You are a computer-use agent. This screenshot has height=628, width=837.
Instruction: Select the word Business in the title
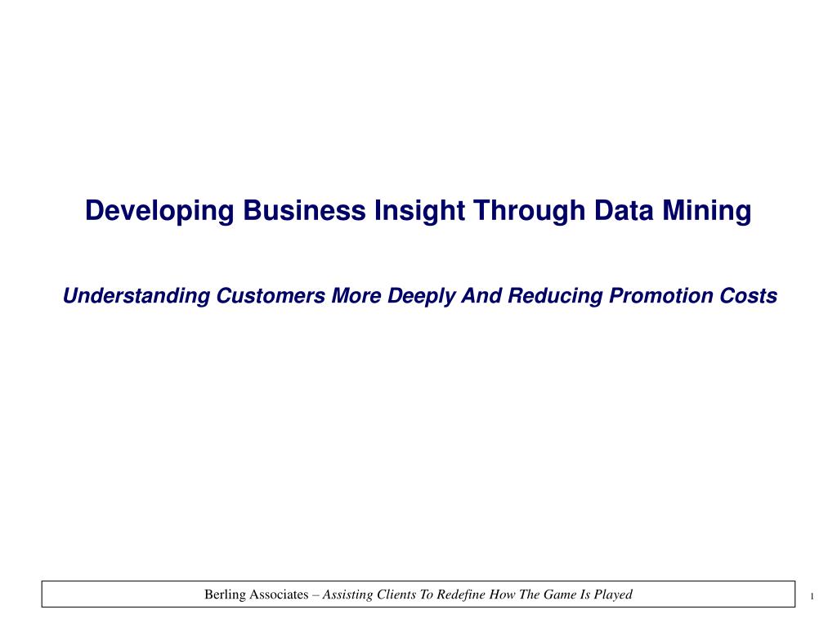[304, 210]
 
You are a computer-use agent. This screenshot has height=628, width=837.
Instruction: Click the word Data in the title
[624, 210]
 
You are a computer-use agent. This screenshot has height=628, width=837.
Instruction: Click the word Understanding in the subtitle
[137, 296]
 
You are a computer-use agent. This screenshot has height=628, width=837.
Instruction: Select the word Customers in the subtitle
[271, 296]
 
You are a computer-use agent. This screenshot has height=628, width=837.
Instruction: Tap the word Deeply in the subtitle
[422, 297]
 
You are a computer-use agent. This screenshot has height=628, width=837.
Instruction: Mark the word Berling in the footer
[225, 595]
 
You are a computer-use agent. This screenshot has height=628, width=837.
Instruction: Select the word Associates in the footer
[279, 594]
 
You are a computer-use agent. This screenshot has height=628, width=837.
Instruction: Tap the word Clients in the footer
[396, 594]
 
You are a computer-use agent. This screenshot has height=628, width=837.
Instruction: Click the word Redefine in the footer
[461, 594]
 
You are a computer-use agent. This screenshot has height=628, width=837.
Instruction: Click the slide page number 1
[812, 596]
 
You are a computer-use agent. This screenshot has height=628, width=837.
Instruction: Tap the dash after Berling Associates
[316, 595]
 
